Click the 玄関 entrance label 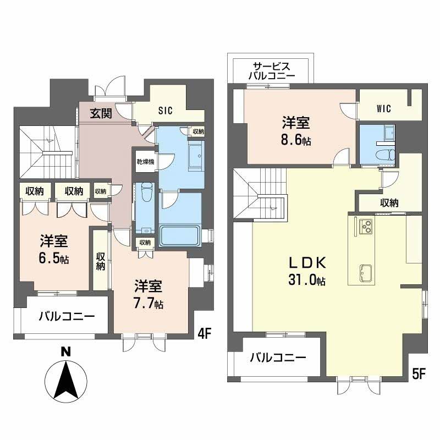101,113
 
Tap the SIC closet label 166,111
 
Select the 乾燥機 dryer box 145,162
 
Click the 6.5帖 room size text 54,258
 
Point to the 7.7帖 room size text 148,304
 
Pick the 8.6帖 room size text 296,140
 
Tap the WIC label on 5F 383,108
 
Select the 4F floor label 204,334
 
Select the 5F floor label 419,374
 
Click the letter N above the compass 66,352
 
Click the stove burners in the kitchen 366,226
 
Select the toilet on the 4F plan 147,192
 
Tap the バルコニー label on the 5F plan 278,358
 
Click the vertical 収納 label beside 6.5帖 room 101,261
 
